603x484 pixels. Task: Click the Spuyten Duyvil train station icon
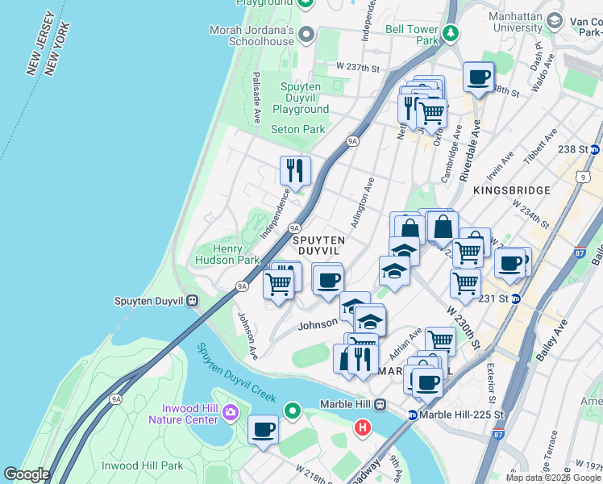(192, 301)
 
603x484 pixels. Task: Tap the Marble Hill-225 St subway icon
(412, 415)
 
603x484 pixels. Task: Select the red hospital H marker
(363, 426)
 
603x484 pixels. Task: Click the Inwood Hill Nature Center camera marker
(230, 413)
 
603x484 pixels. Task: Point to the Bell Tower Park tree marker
(451, 34)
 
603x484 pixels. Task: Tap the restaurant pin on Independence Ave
(295, 170)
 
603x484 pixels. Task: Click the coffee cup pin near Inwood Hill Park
(263, 430)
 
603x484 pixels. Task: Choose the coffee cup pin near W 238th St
(478, 77)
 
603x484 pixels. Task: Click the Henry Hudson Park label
(227, 254)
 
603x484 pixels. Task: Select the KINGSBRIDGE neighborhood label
(512, 190)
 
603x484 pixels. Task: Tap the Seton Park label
(297, 129)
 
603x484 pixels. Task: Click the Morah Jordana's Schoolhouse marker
(306, 34)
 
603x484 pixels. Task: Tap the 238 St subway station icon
(595, 149)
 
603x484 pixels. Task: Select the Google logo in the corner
(27, 474)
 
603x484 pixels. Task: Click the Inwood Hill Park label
(143, 465)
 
